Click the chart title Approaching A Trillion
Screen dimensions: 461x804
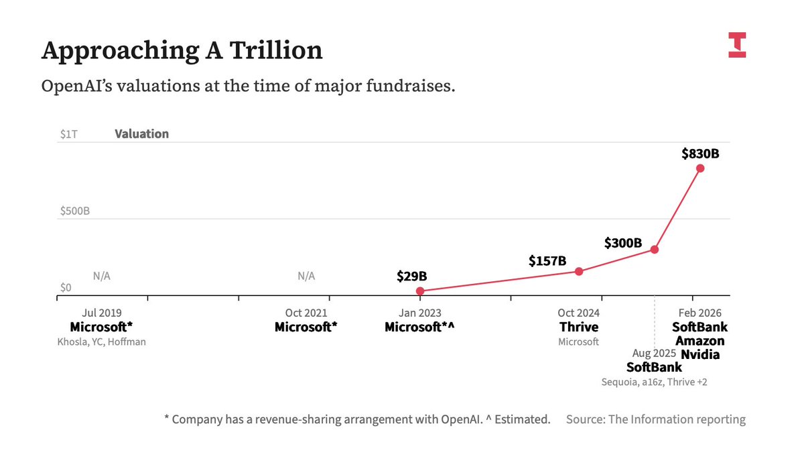pos(182,50)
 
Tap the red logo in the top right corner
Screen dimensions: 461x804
pos(737,45)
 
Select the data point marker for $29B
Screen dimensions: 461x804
pos(420,291)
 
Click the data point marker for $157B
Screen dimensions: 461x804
pos(580,271)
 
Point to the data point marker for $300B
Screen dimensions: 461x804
pos(655,250)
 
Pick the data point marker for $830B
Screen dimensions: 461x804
pos(700,168)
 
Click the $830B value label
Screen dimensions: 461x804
pos(700,154)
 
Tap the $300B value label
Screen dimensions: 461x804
pos(623,243)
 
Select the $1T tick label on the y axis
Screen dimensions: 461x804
pos(68,134)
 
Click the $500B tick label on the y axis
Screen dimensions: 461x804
pos(74,211)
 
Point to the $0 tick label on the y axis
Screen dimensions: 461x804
pos(66,287)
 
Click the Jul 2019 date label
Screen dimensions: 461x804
pos(101,313)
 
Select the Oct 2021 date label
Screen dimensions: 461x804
pos(306,313)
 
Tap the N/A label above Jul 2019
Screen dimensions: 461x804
pos(101,276)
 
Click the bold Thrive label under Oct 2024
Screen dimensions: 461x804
pos(579,327)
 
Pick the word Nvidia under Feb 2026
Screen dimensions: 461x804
pos(700,354)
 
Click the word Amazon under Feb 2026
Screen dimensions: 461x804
pos(700,341)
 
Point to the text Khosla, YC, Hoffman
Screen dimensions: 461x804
pos(101,342)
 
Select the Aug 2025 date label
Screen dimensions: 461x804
pos(655,353)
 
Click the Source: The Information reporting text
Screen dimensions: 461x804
pos(655,419)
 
